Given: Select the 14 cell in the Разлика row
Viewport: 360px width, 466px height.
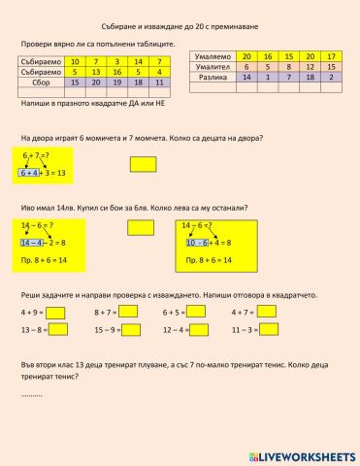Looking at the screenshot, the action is (246, 75).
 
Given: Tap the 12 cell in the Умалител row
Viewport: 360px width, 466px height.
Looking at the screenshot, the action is (311, 65).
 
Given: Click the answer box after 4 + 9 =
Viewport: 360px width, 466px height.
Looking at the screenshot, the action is (55, 313).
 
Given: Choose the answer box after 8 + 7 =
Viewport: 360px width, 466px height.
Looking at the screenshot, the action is (128, 313).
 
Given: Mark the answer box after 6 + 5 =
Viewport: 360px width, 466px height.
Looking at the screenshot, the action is (197, 313).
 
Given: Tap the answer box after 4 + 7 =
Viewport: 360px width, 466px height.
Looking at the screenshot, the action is (269, 313).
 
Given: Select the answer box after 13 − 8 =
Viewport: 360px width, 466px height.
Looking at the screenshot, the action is (58, 330).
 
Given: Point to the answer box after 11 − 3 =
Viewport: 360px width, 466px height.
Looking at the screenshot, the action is (272, 330).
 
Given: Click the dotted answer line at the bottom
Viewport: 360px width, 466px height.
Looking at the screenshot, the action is (31, 396).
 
